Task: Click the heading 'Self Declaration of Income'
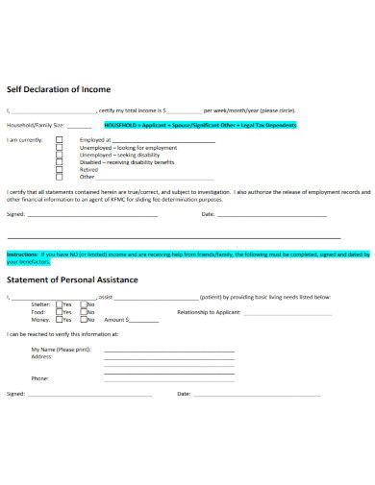click(59, 89)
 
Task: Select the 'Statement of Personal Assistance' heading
click(73, 279)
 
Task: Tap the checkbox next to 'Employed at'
click(60, 139)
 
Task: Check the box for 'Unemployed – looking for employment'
click(60, 147)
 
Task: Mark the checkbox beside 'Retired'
click(60, 169)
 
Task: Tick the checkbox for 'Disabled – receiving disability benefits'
click(60, 161)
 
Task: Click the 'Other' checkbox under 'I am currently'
click(60, 177)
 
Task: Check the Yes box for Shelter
click(59, 305)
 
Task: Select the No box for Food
click(84, 312)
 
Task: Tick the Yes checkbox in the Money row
click(59, 319)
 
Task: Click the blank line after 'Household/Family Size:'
click(80, 126)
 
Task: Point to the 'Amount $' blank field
click(144, 320)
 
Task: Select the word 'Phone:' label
click(40, 378)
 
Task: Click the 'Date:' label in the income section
click(208, 214)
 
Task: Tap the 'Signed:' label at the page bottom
click(15, 394)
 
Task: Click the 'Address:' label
click(41, 356)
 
